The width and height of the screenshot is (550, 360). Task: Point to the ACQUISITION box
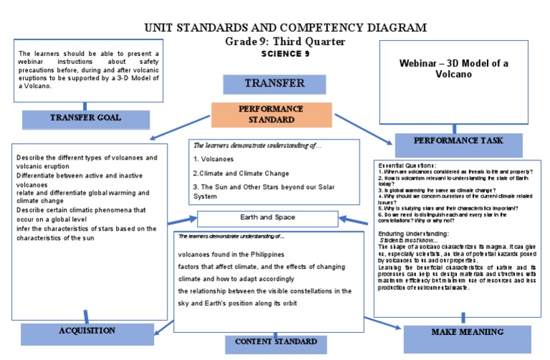(87, 331)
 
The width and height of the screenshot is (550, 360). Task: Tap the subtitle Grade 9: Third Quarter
(285, 42)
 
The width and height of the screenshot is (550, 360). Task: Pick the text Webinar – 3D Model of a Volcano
(454, 69)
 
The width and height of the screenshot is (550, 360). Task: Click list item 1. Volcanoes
(216, 159)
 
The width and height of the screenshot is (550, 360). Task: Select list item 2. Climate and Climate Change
(241, 173)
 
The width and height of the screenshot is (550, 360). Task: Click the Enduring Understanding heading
(413, 234)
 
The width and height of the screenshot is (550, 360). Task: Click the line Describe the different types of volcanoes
(86, 157)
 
